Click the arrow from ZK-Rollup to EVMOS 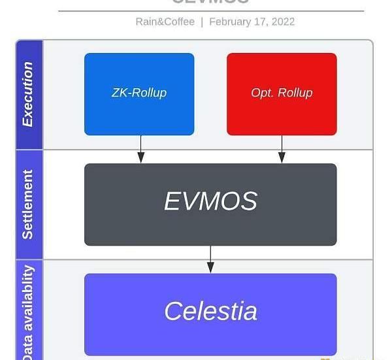pos(140,150)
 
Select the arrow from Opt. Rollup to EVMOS pos(282,150)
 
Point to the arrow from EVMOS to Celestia pos(210,259)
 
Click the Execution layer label pos(27,94)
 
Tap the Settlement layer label pos(27,205)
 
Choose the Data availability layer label pos(27,312)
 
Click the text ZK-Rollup pos(139,93)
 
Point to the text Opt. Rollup pos(282,93)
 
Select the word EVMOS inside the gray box pos(210,201)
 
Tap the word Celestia pos(210,311)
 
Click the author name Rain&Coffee pos(165,22)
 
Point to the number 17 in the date pos(260,22)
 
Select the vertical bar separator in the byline pos(202,22)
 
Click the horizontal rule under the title pos(211,11)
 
